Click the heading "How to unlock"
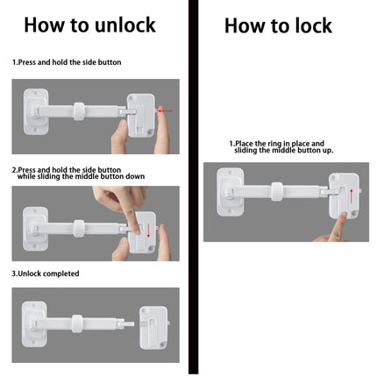click(89, 25)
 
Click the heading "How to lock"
click(278, 25)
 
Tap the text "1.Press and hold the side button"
click(67, 62)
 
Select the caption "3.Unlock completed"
click(46, 274)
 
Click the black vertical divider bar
click(192, 188)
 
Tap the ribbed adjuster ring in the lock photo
click(280, 191)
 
